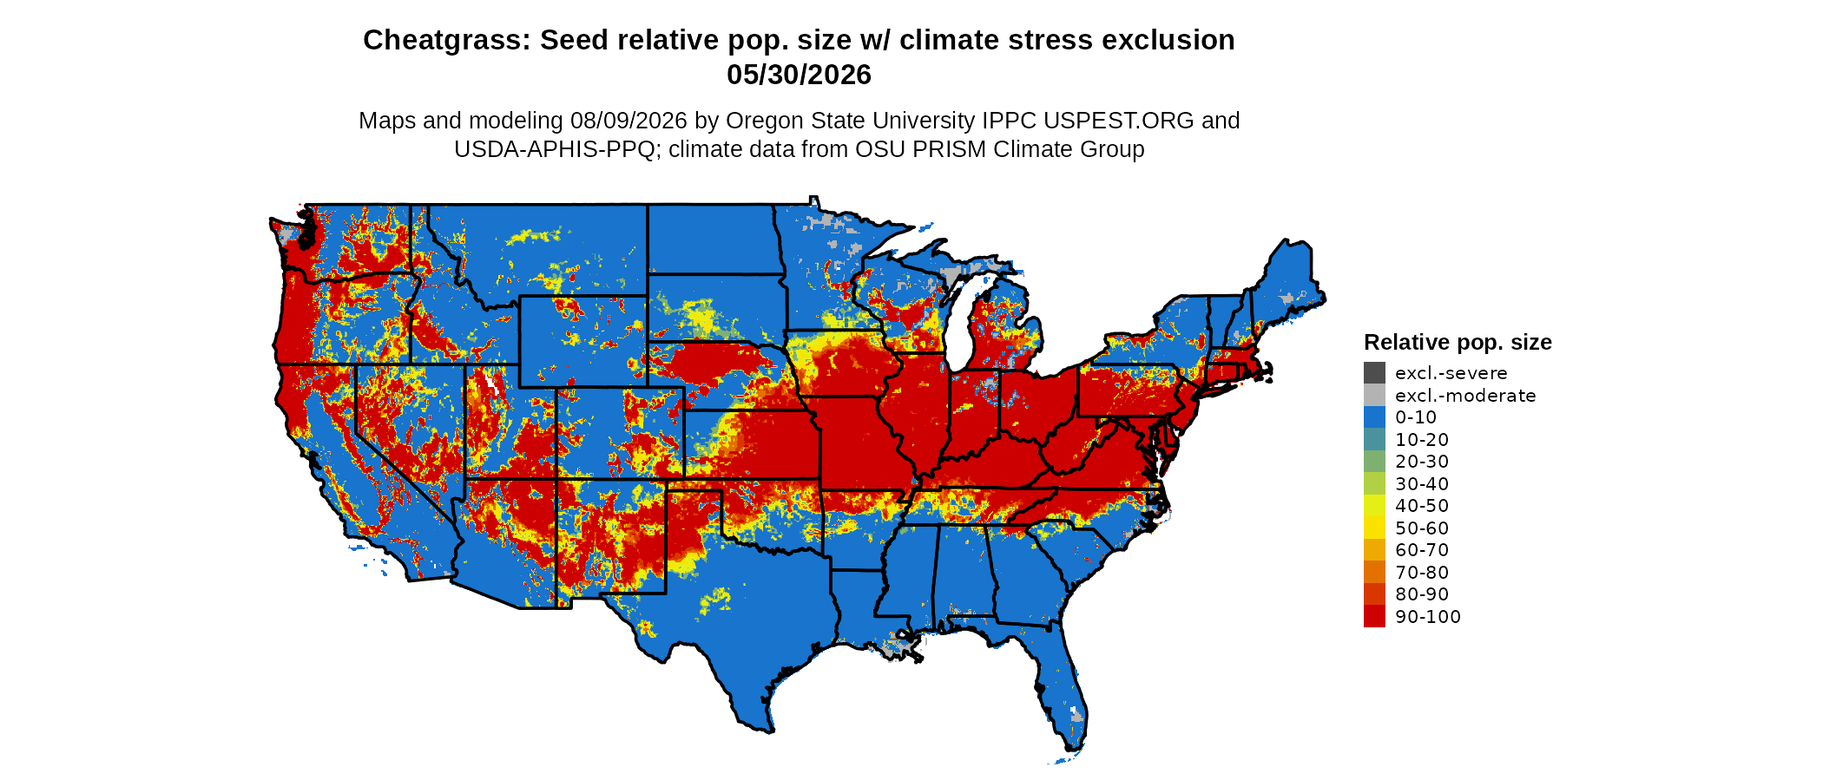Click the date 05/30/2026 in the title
(x=799, y=75)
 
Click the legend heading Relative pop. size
(x=1458, y=342)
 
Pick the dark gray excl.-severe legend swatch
(x=1374, y=373)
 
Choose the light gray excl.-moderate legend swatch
(x=1374, y=396)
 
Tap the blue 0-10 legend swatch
(x=1374, y=417)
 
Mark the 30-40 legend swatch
(x=1374, y=484)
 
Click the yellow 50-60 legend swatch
(x=1374, y=528)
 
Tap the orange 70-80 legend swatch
(x=1374, y=573)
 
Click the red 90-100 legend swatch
(x=1374, y=617)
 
